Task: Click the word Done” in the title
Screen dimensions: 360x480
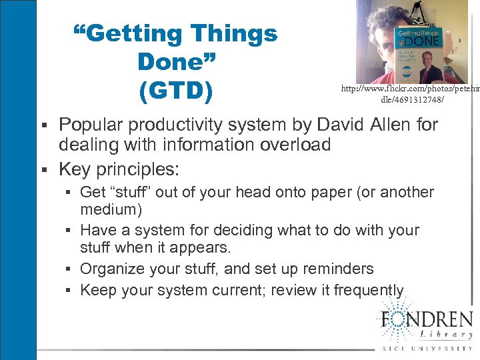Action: (x=177, y=62)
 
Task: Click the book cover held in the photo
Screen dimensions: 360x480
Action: (x=418, y=53)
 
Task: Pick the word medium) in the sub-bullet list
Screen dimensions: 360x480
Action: (x=111, y=210)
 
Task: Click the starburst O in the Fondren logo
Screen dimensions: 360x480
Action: (x=396, y=318)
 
